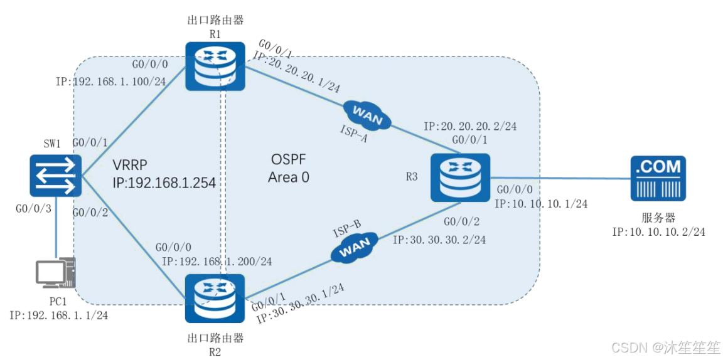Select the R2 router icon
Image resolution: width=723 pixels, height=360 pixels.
pyautogui.click(x=215, y=299)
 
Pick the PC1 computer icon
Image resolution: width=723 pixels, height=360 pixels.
pyautogui.click(x=55, y=274)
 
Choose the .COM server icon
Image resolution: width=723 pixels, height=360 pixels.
pyautogui.click(x=658, y=178)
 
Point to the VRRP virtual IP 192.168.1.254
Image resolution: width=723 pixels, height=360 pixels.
pyautogui.click(x=164, y=184)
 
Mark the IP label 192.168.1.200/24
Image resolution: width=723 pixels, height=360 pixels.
pyautogui.click(x=217, y=262)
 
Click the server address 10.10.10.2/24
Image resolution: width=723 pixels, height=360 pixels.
pyautogui.click(x=658, y=231)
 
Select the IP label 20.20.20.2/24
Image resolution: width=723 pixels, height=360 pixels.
pyautogui.click(x=470, y=126)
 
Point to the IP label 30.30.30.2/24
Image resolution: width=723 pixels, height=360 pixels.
pyautogui.click(x=439, y=240)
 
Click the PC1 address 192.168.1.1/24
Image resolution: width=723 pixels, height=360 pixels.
pyautogui.click(x=58, y=315)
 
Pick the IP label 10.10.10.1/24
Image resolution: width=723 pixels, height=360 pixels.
pyautogui.click(x=540, y=203)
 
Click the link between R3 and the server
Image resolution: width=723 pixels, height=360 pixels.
pyautogui.click(x=559, y=178)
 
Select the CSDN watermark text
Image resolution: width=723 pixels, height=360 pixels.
pyautogui.click(x=666, y=347)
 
